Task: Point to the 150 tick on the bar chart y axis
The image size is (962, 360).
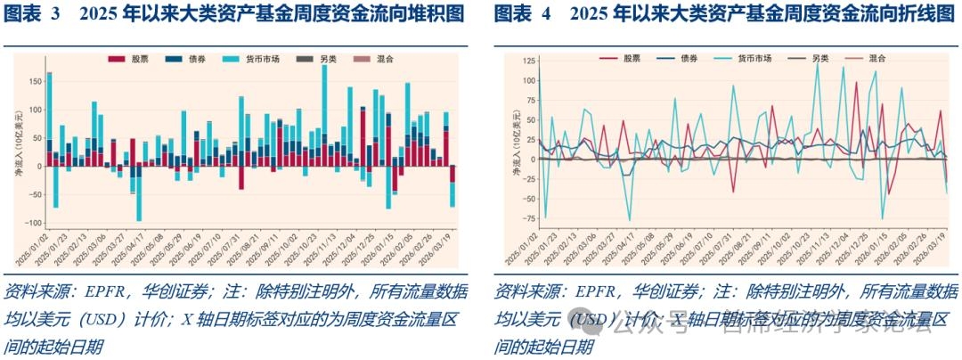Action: (36, 81)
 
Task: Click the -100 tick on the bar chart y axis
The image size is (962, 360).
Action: (33, 223)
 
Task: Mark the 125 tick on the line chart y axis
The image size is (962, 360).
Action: (529, 61)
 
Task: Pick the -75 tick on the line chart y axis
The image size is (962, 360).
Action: (529, 218)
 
